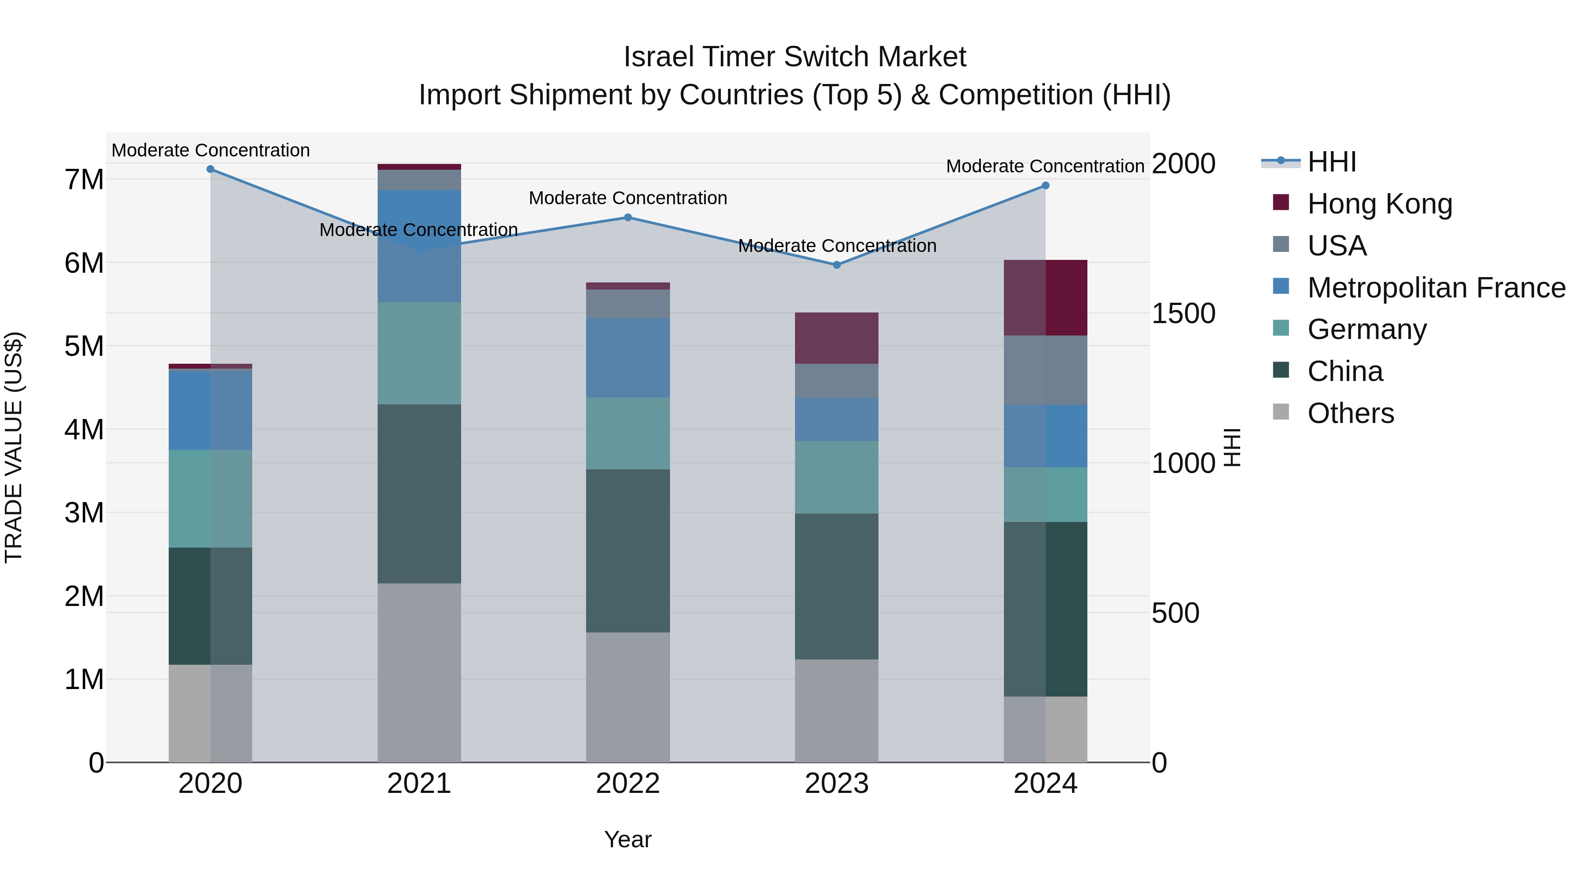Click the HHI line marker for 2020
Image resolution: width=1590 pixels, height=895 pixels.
point(211,169)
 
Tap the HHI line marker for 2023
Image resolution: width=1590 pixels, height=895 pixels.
point(837,265)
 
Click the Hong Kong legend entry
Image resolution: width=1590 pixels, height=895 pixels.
point(1379,204)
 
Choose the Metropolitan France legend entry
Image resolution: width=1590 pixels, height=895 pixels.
point(1436,288)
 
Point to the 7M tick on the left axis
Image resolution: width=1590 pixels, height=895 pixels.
point(84,180)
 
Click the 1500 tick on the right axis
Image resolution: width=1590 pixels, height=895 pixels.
point(1183,313)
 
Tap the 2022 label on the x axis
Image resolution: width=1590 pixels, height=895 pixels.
point(628,784)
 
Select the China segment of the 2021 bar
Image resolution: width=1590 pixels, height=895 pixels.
point(419,494)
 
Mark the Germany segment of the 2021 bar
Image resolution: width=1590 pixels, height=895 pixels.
point(419,353)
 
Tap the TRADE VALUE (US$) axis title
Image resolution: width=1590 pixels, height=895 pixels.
point(14,447)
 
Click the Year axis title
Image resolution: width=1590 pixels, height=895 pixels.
point(628,839)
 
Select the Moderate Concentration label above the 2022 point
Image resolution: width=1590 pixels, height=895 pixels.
point(628,198)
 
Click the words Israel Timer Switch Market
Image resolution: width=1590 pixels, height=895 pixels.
point(795,57)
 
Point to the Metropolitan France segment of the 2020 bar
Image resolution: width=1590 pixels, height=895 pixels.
point(211,410)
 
